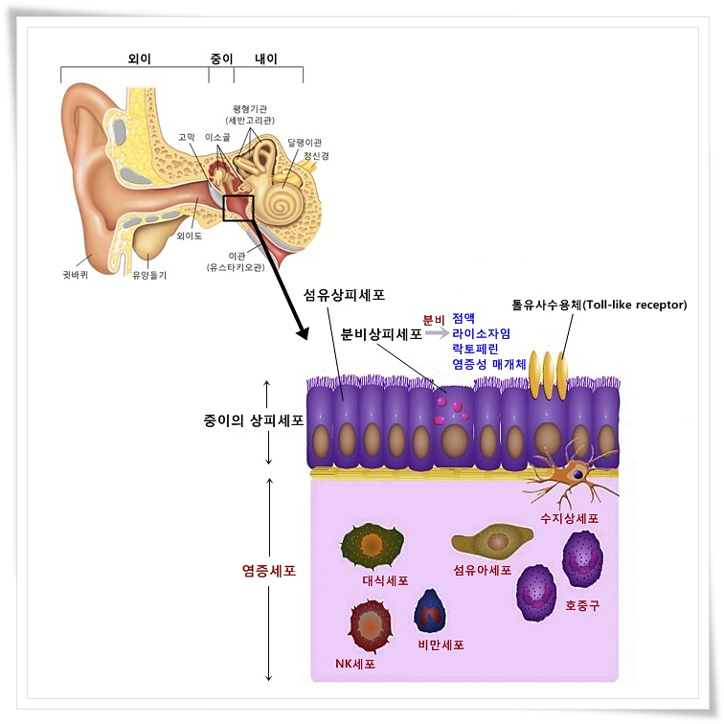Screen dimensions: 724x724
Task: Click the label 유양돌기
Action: click(149, 275)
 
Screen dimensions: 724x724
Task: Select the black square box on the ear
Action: click(238, 208)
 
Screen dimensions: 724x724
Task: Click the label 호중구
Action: click(581, 605)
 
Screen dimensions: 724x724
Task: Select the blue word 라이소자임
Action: click(481, 333)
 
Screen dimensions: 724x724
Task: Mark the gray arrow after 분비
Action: click(437, 332)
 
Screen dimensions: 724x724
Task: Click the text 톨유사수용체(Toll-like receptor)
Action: click(599, 305)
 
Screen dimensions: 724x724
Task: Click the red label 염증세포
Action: click(268, 571)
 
